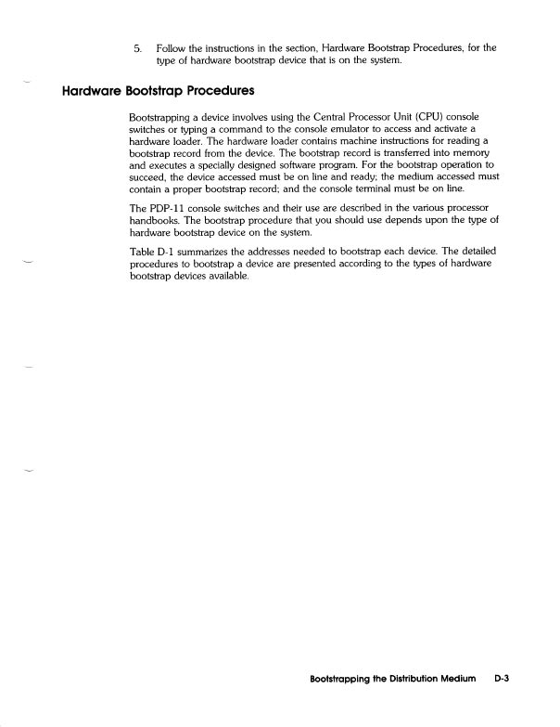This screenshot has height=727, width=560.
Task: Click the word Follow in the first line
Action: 171,45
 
